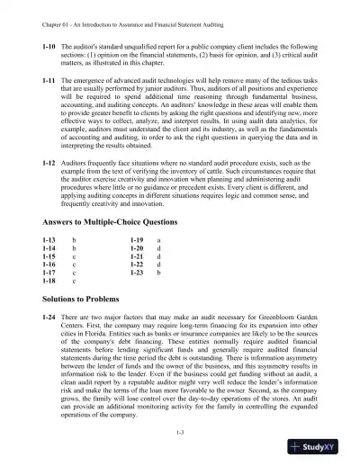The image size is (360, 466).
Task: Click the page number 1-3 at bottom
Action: coord(181,434)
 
